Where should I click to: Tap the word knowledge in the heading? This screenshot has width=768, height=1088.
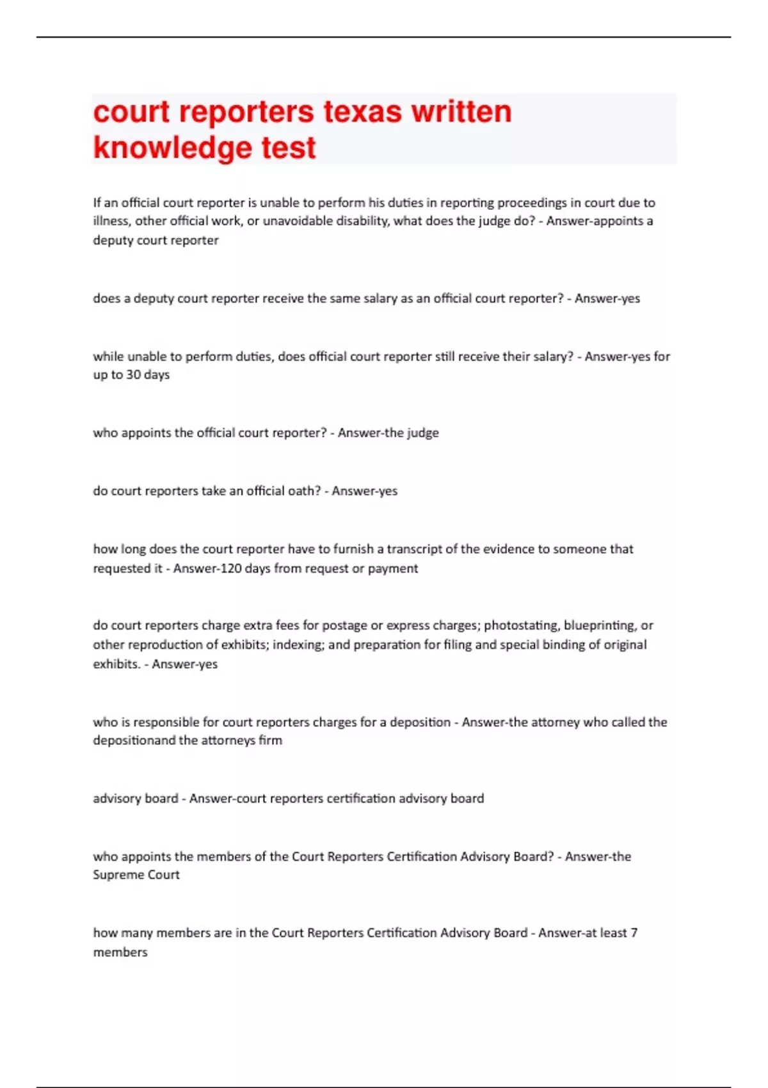172,148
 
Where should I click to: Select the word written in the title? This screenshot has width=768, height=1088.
461,111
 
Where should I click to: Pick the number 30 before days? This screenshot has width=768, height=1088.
133,375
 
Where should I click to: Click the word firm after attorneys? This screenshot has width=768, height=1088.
270,740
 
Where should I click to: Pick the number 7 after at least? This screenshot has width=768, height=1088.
634,933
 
